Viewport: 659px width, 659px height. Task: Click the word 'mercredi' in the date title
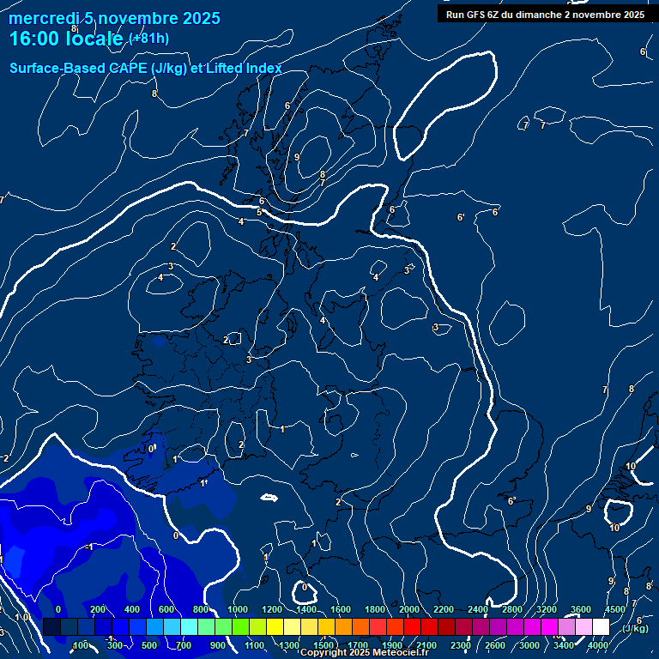point(42,18)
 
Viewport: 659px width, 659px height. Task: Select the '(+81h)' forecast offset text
point(148,39)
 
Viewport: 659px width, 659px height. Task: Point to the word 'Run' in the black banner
point(455,15)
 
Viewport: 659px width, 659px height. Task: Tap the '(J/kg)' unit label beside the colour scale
point(635,628)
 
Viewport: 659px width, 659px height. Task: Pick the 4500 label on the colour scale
point(614,609)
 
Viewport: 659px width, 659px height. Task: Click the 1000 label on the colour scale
point(238,609)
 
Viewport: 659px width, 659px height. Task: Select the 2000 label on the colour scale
point(409,609)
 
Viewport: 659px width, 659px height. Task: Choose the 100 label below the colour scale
point(82,645)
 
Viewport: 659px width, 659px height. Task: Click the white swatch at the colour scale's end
point(601,627)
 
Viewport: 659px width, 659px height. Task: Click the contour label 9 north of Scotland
point(297,157)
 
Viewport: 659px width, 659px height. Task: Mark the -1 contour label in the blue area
point(89,547)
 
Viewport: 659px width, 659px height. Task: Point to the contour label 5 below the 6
point(259,212)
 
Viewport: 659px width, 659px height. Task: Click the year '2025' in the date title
point(199,18)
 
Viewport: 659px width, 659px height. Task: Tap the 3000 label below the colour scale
point(529,645)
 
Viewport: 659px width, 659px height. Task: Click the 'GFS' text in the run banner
point(477,15)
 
